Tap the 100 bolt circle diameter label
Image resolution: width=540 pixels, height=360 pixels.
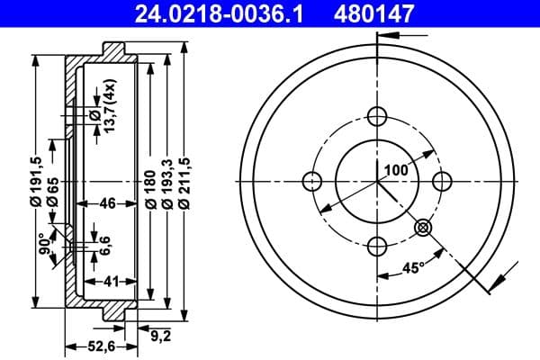(x=396, y=169)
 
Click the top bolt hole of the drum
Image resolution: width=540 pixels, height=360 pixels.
(x=377, y=115)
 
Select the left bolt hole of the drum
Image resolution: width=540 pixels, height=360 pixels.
(x=312, y=180)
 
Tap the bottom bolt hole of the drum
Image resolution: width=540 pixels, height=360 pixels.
(x=377, y=245)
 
